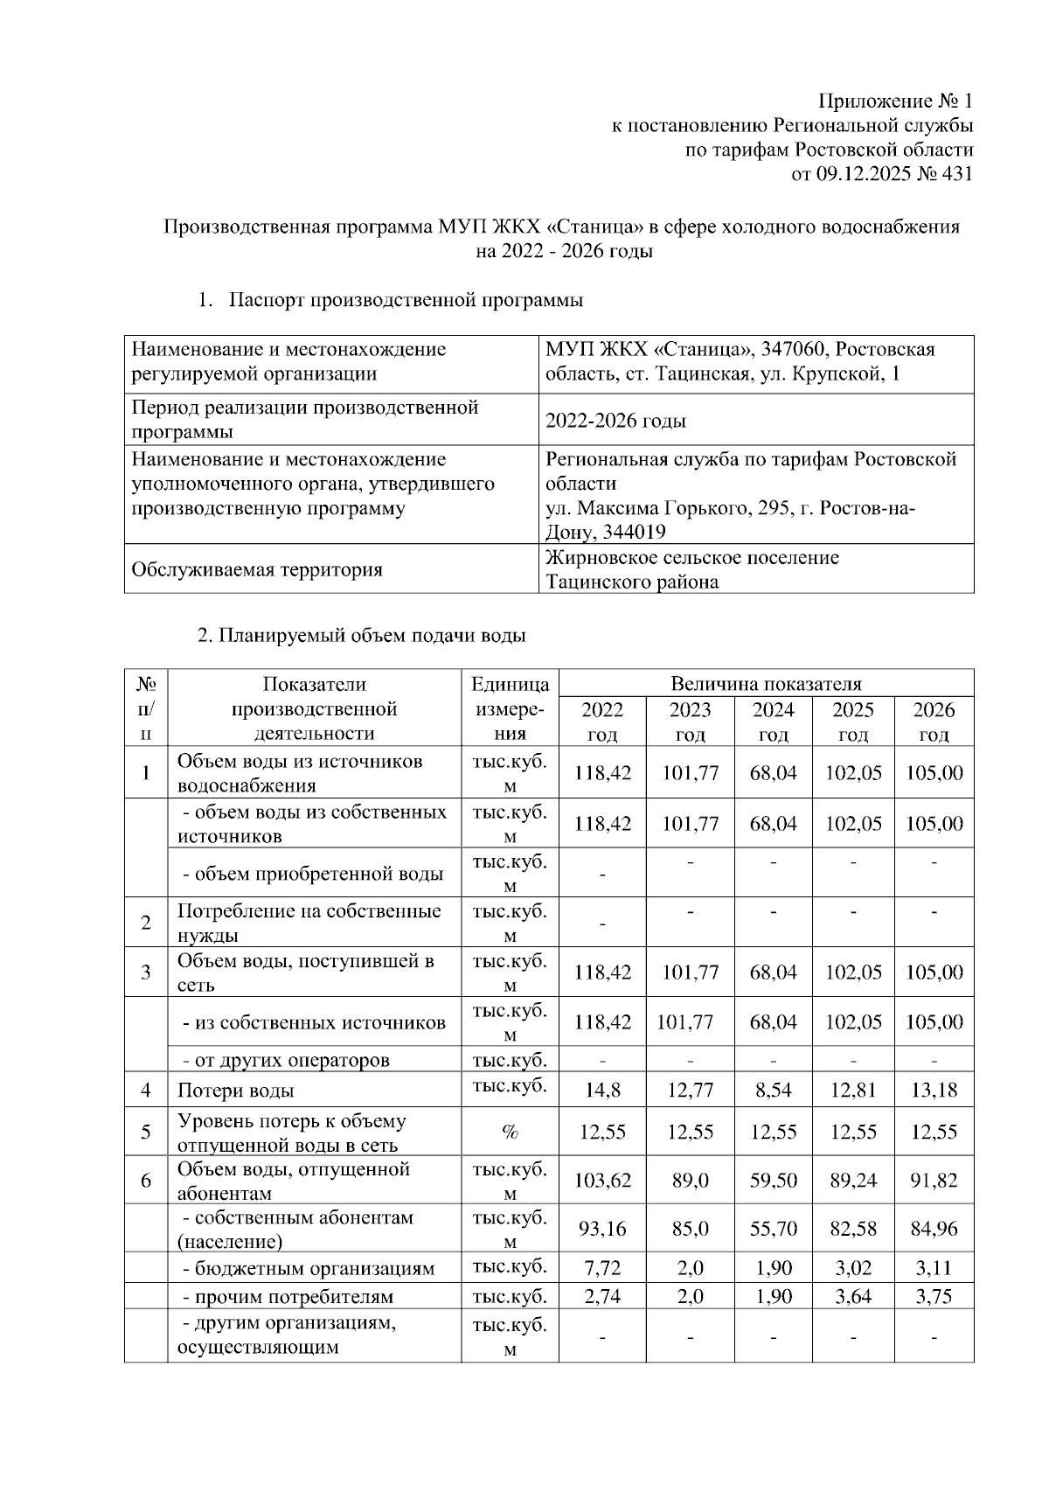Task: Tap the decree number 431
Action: [x=957, y=174]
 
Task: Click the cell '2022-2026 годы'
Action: [x=615, y=421]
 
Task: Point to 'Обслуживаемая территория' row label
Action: [x=256, y=570]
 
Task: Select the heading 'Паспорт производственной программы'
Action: [x=406, y=301]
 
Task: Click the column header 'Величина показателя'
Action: [x=766, y=684]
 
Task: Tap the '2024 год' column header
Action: [x=773, y=722]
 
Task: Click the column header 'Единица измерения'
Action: [x=510, y=708]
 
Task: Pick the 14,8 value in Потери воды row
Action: [x=602, y=1091]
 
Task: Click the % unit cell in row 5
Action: [x=510, y=1133]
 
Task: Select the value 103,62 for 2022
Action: [x=602, y=1181]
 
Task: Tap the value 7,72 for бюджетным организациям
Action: [x=602, y=1267]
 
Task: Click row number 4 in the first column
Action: [x=146, y=1091]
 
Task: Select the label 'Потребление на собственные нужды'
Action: [x=309, y=923]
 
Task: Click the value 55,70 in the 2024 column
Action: [x=773, y=1229]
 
